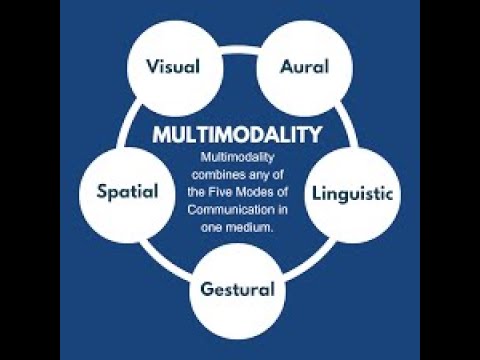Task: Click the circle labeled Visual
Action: click(173, 67)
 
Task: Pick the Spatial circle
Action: click(127, 191)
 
